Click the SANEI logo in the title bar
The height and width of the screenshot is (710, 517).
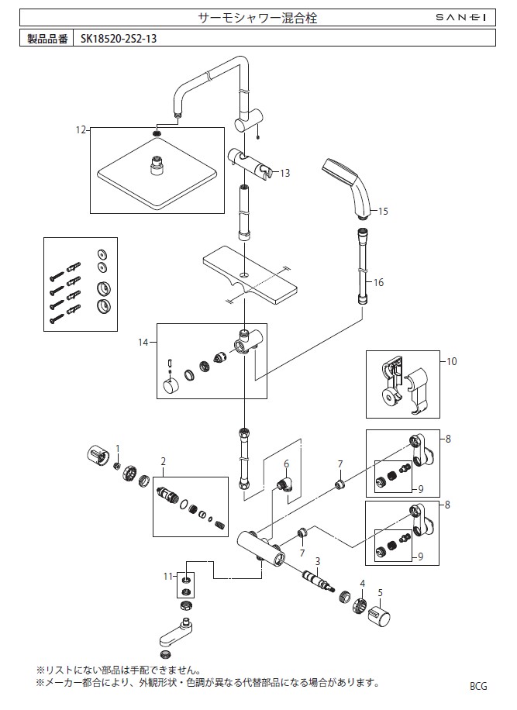tap(461, 18)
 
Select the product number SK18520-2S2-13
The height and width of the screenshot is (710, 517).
tap(119, 39)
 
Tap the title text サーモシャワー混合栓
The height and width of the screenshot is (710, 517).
tap(258, 18)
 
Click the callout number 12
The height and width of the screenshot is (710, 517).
tap(81, 130)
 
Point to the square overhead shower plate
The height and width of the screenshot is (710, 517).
tap(157, 173)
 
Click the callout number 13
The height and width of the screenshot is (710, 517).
tap(284, 173)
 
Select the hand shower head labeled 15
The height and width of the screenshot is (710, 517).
tap(348, 187)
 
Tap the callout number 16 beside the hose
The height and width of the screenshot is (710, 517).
tap(378, 283)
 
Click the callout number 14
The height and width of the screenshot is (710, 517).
tap(143, 343)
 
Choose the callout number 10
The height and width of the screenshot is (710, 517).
tap(451, 361)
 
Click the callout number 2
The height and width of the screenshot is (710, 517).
tap(164, 461)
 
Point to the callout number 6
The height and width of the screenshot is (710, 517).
tap(286, 464)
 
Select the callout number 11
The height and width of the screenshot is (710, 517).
tap(168, 577)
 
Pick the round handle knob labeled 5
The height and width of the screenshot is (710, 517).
tap(379, 615)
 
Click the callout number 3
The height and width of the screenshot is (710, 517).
tap(318, 561)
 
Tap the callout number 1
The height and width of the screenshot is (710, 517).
tap(118, 448)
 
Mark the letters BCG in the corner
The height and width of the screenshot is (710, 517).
tap(478, 687)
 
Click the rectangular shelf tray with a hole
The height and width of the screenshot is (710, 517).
tap(250, 275)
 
